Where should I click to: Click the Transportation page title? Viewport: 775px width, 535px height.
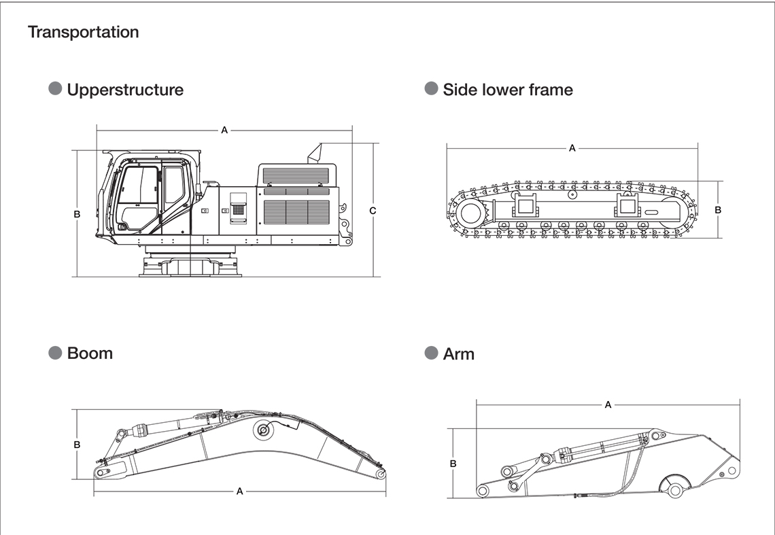tap(83, 32)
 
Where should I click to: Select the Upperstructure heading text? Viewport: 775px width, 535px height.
tap(125, 90)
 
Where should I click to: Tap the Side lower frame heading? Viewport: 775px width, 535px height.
tap(508, 90)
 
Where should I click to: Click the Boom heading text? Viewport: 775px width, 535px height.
tap(90, 353)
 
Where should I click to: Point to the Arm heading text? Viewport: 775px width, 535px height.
tap(458, 354)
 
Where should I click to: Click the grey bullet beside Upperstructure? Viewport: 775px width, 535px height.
tap(56, 89)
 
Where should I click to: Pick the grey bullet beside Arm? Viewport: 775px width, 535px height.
tap(431, 353)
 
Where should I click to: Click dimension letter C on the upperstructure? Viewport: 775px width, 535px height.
tap(373, 211)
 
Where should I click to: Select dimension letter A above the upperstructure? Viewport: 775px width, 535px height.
tap(224, 130)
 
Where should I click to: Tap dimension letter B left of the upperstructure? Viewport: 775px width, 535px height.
tap(77, 213)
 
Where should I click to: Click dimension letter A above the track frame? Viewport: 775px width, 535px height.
tap(572, 148)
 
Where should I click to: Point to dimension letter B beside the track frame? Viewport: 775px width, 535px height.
tap(718, 210)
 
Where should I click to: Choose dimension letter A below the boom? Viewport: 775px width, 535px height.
tap(239, 491)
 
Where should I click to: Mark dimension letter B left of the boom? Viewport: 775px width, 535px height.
tap(77, 445)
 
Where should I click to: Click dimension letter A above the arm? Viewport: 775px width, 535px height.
tap(608, 405)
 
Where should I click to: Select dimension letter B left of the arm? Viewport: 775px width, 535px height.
tap(453, 464)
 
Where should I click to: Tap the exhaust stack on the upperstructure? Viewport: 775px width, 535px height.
tap(316, 152)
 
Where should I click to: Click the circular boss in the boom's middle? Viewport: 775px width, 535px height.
tap(262, 430)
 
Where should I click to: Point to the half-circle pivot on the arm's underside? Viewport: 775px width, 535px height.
tap(674, 485)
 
